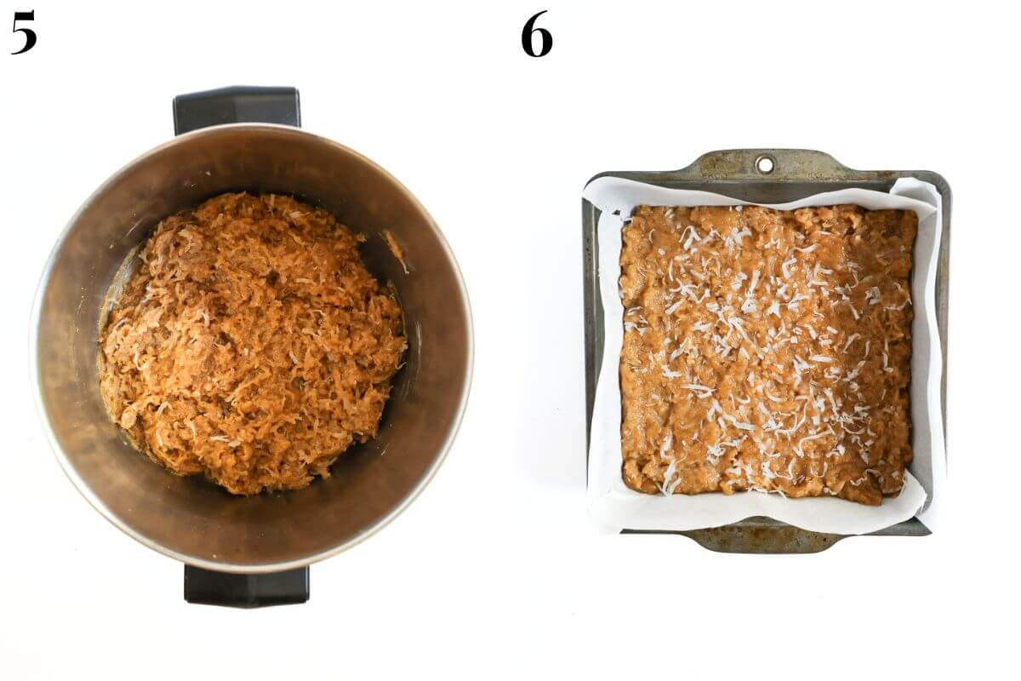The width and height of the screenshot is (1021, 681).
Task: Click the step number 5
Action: (x=24, y=33)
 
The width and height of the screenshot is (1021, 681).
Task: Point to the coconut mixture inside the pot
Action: (x=252, y=342)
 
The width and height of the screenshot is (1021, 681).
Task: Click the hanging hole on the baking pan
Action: (x=765, y=163)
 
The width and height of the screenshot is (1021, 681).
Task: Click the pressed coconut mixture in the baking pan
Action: (x=768, y=355)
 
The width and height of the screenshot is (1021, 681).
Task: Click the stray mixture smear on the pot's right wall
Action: (x=396, y=251)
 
